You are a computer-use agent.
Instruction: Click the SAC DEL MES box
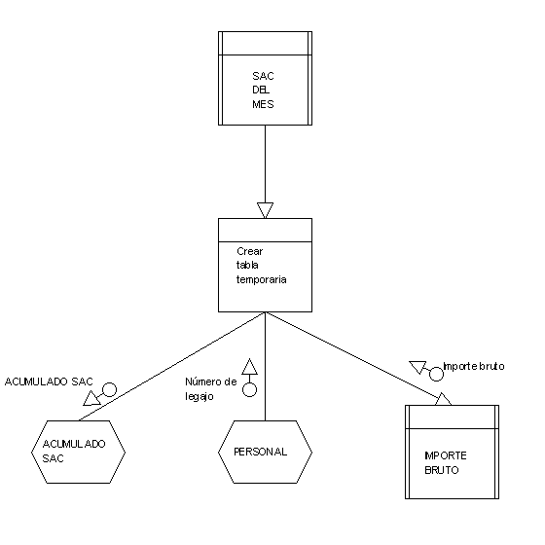[x=265, y=78]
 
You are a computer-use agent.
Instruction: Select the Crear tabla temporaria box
[x=265, y=265]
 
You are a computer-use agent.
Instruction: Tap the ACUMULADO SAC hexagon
[x=78, y=452]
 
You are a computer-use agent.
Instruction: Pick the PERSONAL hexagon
[x=265, y=452]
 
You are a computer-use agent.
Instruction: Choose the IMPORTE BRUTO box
[x=452, y=452]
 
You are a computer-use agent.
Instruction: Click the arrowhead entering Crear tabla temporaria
[x=265, y=210]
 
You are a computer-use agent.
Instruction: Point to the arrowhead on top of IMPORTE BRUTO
[x=443, y=399]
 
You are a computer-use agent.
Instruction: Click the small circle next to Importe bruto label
[x=436, y=374]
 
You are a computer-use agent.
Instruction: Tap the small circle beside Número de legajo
[x=249, y=389]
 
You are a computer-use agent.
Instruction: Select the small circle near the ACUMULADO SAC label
[x=109, y=389]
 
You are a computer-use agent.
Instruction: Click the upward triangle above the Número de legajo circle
[x=249, y=367]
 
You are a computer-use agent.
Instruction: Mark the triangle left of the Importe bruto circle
[x=418, y=367]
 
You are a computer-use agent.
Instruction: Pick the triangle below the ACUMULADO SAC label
[x=91, y=399]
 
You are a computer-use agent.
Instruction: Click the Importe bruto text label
[x=474, y=366]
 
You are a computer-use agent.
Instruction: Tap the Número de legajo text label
[x=210, y=389]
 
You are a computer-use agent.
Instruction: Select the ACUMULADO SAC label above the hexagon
[x=49, y=381]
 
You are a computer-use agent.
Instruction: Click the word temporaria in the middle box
[x=262, y=279]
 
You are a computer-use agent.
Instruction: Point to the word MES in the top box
[x=263, y=104]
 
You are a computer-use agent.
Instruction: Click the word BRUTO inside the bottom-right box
[x=442, y=470]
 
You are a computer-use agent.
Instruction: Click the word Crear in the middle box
[x=249, y=251]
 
